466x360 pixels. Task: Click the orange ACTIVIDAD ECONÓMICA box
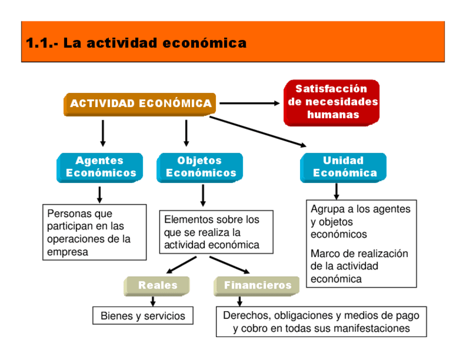tap(140, 104)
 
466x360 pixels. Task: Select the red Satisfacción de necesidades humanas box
tap(332, 102)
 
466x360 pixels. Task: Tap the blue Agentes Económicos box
tap(100, 167)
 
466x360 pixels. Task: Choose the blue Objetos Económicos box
tap(200, 167)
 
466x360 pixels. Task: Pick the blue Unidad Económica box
tap(343, 167)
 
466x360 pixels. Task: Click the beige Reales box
tap(157, 285)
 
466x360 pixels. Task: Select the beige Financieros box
tap(257, 285)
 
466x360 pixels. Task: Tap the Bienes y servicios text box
tap(143, 316)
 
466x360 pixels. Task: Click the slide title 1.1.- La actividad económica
tap(136, 43)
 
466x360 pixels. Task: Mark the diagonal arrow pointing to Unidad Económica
tap(258, 131)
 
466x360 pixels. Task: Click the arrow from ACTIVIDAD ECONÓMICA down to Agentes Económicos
tap(103, 133)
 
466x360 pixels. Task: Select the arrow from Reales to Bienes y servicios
tap(153, 301)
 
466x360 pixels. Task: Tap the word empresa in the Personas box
tap(68, 252)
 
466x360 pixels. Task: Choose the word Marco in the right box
tap(325, 254)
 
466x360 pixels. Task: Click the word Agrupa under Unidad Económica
tap(327, 209)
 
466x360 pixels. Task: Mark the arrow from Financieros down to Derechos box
tap(240, 301)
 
